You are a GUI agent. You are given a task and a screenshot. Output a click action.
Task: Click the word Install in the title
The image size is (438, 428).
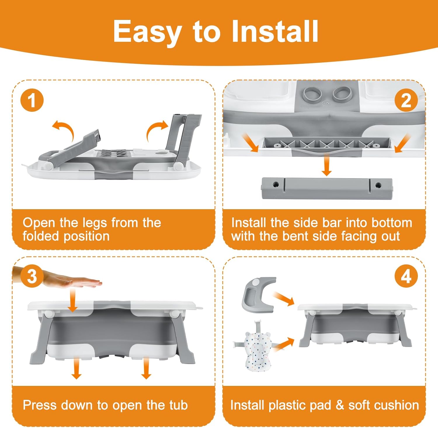pyautogui.click(x=275, y=31)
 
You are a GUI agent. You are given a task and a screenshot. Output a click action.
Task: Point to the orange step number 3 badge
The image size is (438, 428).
pyautogui.click(x=32, y=276)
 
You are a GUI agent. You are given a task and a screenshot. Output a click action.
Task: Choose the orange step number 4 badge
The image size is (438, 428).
pyautogui.click(x=406, y=276)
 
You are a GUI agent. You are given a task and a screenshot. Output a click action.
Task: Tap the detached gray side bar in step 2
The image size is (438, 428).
pyautogui.click(x=327, y=188)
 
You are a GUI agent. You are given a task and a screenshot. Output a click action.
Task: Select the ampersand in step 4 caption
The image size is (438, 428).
pyautogui.click(x=340, y=405)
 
